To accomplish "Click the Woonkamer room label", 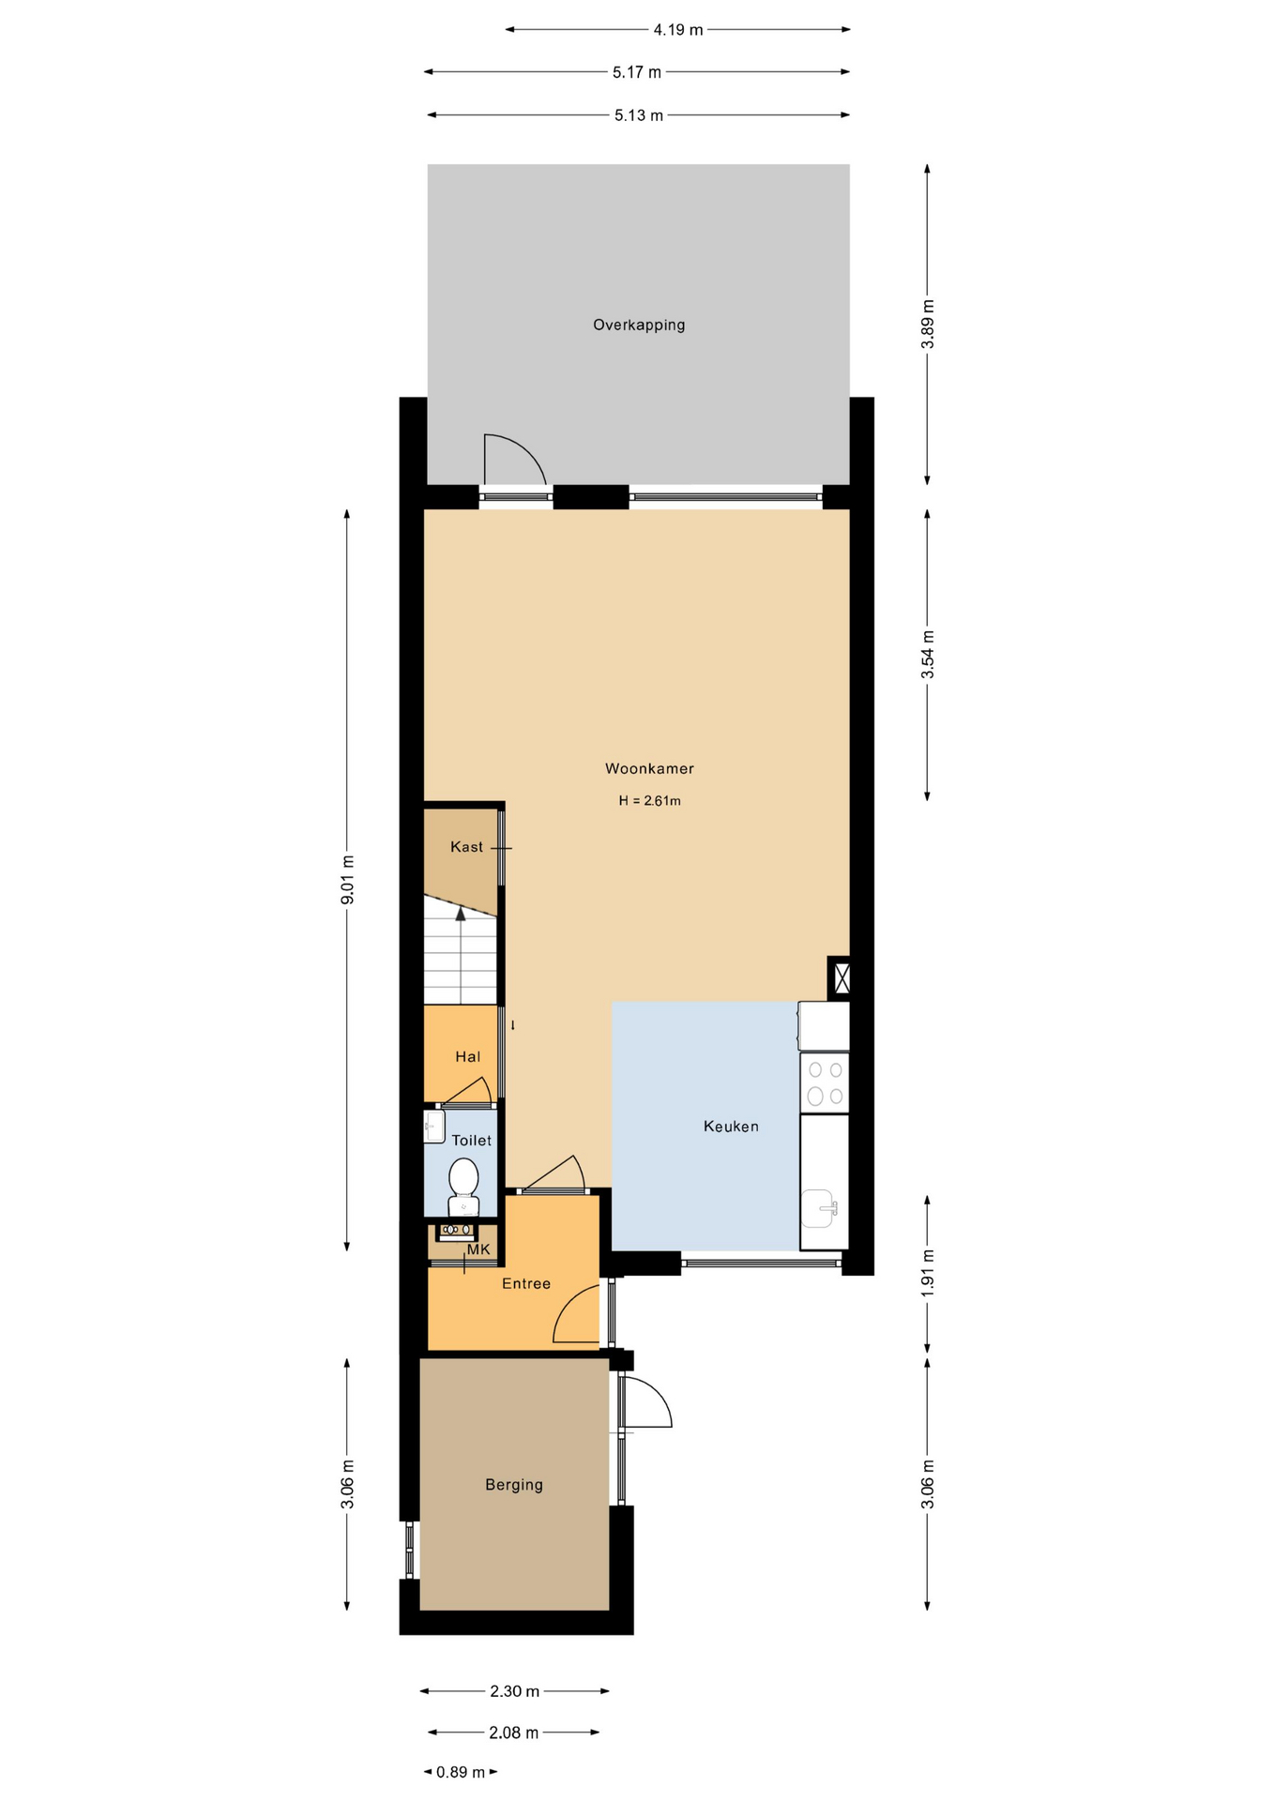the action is [649, 769].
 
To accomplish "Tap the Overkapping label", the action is [639, 325].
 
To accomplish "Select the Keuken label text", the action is [731, 1127].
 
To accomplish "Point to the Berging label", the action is [514, 1485].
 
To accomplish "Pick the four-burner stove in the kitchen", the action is [825, 1082].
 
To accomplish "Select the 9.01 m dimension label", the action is [347, 880].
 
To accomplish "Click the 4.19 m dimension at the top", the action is [677, 30].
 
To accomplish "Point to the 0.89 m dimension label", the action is [460, 1772].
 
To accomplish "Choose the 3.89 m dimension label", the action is [927, 325].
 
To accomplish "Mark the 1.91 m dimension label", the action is [927, 1273].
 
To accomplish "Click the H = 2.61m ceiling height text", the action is [649, 801].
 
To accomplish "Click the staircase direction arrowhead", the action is [461, 914].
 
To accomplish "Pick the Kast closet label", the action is [466, 847].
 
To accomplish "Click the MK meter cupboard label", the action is [478, 1249].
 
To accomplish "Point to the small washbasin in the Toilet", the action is [433, 1127].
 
